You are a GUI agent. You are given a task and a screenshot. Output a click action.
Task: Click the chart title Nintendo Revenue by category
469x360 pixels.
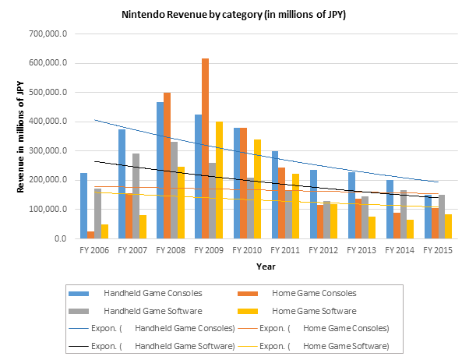(234, 15)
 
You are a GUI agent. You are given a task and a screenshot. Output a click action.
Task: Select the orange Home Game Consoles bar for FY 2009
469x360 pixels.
(206, 148)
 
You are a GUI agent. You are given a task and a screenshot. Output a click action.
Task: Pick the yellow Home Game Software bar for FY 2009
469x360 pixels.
(220, 180)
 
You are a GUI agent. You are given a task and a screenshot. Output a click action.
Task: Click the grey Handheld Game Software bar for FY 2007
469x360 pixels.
(136, 196)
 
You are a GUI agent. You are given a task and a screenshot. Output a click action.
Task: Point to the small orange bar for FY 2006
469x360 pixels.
(91, 235)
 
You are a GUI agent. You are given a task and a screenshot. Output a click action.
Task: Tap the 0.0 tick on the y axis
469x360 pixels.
(60, 238)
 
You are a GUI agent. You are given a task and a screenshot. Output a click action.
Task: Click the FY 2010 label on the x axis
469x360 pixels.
(246, 251)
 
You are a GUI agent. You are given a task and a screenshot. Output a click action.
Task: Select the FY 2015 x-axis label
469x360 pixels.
(438, 251)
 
